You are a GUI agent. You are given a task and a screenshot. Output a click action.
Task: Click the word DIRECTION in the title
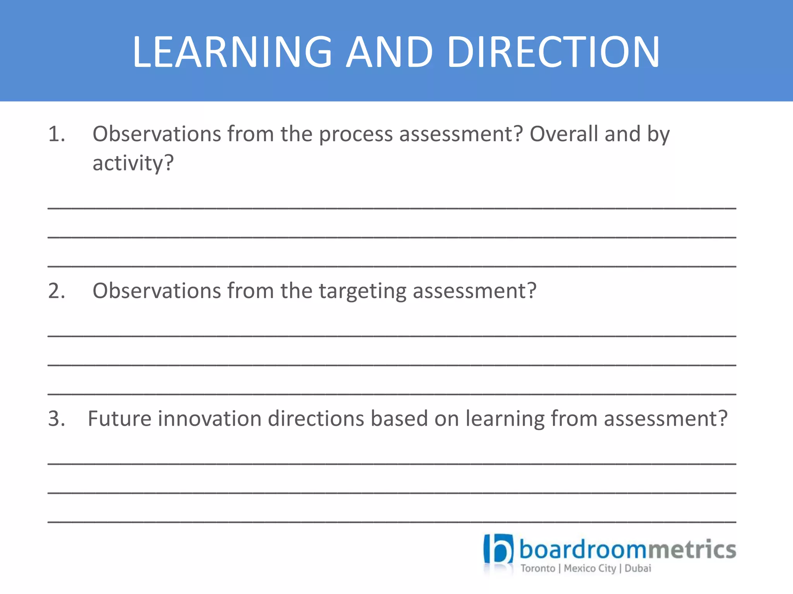coord(554,52)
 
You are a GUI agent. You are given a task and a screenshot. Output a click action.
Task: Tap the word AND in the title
coord(389,52)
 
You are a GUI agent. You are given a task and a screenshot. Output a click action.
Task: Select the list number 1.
coord(57,134)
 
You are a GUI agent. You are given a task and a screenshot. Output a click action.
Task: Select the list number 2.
coord(57,291)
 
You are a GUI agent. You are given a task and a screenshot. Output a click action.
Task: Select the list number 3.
coord(57,419)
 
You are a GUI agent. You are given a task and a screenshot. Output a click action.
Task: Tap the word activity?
coord(133,163)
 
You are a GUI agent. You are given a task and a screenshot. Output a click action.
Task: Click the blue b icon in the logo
coord(498,549)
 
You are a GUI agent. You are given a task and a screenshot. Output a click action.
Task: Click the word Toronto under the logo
coord(537,568)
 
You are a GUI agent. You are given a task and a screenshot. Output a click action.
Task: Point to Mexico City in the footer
coord(590,568)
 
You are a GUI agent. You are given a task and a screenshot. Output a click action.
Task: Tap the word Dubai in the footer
coord(638,568)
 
